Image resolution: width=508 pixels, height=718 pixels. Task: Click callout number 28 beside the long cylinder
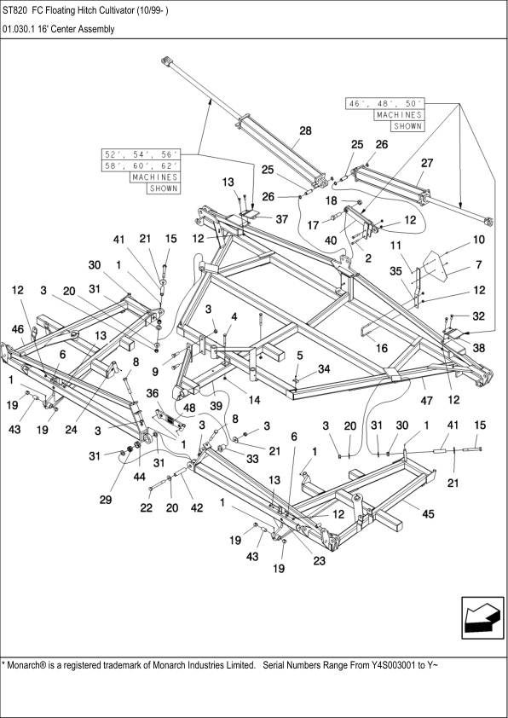coord(304,131)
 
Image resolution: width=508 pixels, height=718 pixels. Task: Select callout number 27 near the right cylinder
coord(427,162)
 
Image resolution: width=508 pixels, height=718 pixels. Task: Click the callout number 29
coord(105,500)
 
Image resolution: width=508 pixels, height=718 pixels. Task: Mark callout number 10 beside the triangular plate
coord(478,240)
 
